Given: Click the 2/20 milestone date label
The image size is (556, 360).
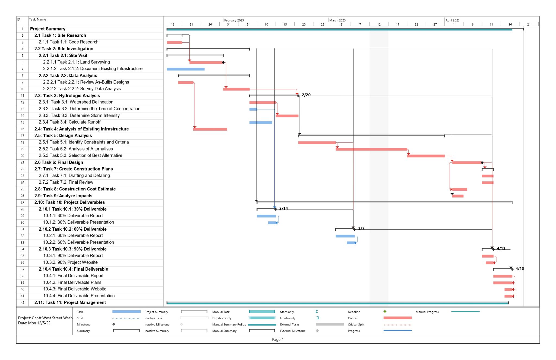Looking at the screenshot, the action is pyautogui.click(x=306, y=95).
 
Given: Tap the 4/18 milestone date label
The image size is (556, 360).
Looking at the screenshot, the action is pyautogui.click(x=520, y=268).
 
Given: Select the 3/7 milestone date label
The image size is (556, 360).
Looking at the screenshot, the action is pyautogui.click(x=361, y=228).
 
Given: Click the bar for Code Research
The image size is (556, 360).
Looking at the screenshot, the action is pyautogui.click(x=174, y=42).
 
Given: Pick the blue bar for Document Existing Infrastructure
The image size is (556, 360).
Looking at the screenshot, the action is pyautogui.click(x=186, y=69).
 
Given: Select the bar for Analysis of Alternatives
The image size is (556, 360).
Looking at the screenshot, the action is pyautogui.click(x=371, y=149).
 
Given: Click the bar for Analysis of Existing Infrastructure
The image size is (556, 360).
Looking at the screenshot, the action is pyautogui.click(x=210, y=129).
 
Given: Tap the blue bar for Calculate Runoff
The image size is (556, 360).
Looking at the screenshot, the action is pyautogui.click(x=261, y=123).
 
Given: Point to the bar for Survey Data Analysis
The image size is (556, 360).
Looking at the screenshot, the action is pyautogui.click(x=236, y=89).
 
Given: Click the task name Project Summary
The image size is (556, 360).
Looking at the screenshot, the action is pyautogui.click(x=48, y=29).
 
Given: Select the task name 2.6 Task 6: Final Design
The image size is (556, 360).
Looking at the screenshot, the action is pyautogui.click(x=59, y=162).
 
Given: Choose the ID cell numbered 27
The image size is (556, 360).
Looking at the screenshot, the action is pyautogui.click(x=23, y=202).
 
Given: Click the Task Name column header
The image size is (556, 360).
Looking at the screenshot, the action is pyautogui.click(x=37, y=19).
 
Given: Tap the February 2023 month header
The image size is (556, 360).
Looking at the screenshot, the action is pyautogui.click(x=234, y=20).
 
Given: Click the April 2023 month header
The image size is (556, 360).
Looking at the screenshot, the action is pyautogui.click(x=453, y=20).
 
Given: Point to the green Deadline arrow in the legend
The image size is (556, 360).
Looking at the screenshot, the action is pyautogui.click(x=385, y=311).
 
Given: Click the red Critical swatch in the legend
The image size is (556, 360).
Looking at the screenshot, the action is pyautogui.click(x=397, y=318).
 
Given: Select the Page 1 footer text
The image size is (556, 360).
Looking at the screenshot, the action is pyautogui.click(x=278, y=339).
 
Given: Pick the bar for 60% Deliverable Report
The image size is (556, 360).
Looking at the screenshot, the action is pyautogui.click(x=345, y=236).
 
